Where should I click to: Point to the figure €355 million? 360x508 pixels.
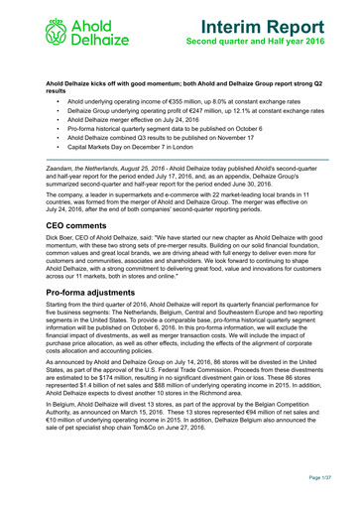point(191,100)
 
